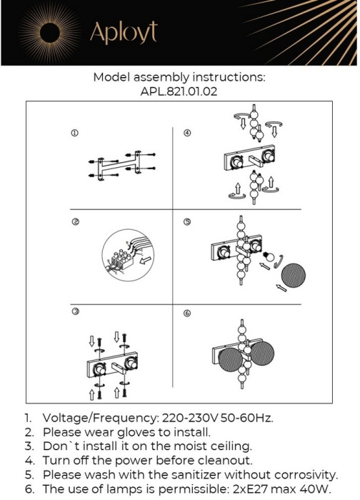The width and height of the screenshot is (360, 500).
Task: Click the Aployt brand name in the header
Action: pos(124,33)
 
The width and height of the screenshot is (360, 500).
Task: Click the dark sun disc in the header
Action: pos(50,33)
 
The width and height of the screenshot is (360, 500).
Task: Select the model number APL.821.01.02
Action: pos(179,91)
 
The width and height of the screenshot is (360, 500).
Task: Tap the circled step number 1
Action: pos(74,133)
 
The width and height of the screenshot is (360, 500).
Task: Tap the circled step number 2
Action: pos(76,221)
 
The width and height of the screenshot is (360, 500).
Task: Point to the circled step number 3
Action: pos(76,311)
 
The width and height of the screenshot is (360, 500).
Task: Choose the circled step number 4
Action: pos(187,133)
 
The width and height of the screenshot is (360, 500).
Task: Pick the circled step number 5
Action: pos(187,221)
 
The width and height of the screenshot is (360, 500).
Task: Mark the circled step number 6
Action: pos(187,314)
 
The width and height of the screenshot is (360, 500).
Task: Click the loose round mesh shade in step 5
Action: pos(294,275)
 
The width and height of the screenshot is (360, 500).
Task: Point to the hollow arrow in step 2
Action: pos(146,259)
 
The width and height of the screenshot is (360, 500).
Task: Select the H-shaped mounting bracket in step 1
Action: pos(119,166)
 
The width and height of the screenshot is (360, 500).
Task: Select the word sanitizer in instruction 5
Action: pos(196,475)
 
